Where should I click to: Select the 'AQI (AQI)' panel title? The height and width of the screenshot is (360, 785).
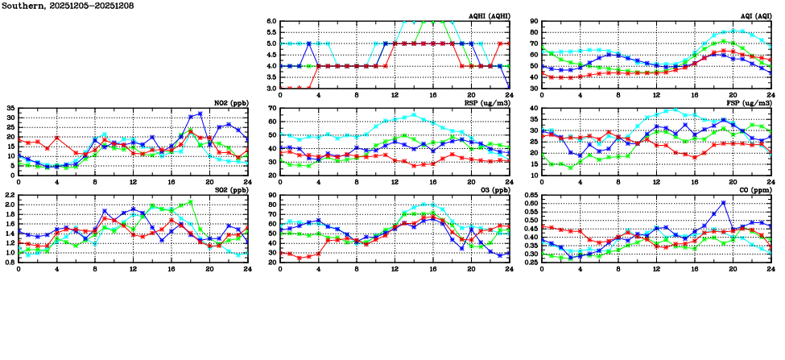point(752,16)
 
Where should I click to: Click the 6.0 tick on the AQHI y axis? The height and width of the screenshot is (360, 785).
point(271,22)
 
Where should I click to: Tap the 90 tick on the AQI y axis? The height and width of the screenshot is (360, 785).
point(534,22)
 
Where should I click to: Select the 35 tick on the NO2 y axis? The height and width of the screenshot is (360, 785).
point(10,108)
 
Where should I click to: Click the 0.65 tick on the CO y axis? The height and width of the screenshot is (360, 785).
point(531,195)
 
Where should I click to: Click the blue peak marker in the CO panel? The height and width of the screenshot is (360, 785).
point(724,203)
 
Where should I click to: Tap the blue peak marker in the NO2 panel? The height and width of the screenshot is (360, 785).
point(200,114)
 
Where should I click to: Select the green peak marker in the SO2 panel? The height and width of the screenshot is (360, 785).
point(191,202)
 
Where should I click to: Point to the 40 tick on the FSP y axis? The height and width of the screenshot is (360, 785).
point(534,108)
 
